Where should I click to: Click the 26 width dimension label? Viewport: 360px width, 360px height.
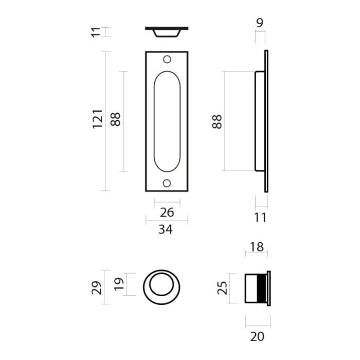click(167, 212)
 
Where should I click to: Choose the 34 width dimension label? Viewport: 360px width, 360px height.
click(165, 229)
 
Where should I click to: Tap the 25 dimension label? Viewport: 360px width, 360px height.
click(222, 287)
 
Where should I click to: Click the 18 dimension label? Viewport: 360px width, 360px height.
click(256, 247)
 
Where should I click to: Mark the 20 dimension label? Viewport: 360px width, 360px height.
click(257, 337)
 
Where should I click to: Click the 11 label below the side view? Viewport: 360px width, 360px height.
click(261, 218)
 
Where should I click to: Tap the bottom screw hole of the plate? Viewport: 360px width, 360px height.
click(167, 183)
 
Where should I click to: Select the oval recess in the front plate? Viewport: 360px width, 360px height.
click(167, 121)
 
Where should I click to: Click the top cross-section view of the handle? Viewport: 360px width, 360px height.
click(167, 31)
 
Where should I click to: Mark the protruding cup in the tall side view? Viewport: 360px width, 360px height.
click(259, 121)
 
